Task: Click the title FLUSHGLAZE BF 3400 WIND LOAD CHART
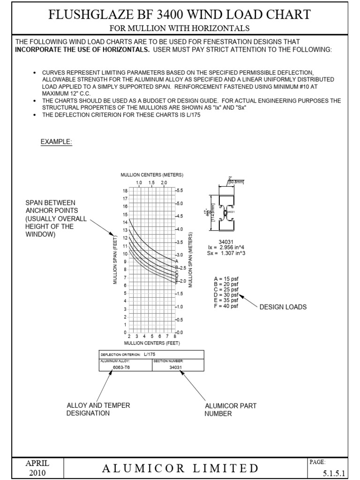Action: [180, 15]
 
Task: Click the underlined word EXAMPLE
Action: [56, 142]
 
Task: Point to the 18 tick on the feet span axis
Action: [125, 191]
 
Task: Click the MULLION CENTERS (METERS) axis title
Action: [152, 175]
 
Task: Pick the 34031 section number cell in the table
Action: [175, 367]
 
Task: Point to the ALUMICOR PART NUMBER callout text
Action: [230, 410]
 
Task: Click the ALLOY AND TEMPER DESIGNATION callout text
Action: [98, 409]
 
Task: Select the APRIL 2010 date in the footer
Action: [37, 468]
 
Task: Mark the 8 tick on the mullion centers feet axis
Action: [174, 337]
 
